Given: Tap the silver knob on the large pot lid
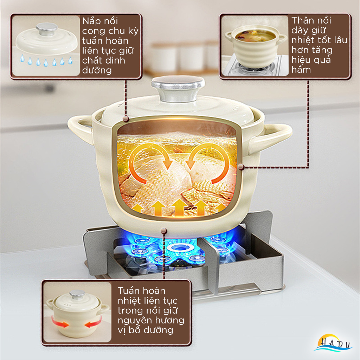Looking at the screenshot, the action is (x=178, y=88).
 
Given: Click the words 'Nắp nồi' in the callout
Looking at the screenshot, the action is (x=100, y=21).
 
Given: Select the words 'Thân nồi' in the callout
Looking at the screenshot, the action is (x=311, y=20).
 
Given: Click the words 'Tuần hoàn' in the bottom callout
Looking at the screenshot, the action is (x=141, y=291).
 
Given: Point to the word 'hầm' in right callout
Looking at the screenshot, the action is (x=301, y=69).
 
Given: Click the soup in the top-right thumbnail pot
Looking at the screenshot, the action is (x=255, y=36).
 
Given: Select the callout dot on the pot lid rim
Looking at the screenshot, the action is (x=126, y=119).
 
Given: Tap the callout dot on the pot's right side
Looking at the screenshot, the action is (x=241, y=167).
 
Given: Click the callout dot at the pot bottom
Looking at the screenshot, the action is (x=164, y=231).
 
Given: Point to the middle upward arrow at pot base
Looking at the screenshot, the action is (x=179, y=207).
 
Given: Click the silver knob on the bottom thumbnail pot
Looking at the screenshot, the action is (x=77, y=294).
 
